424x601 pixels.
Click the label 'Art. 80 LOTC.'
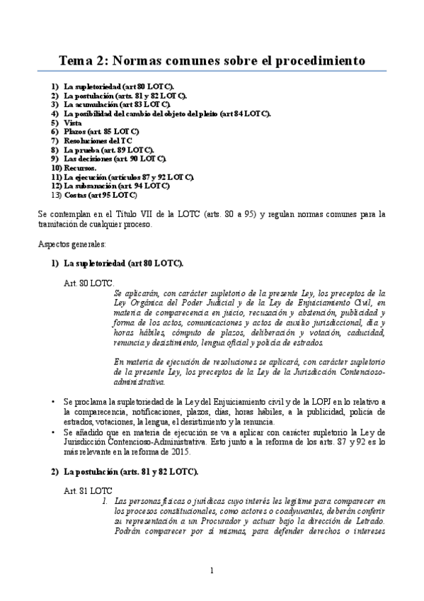(84, 282)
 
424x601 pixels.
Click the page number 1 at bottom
(212, 571)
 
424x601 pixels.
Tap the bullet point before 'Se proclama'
(53, 402)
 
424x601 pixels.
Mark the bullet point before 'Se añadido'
(53, 430)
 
